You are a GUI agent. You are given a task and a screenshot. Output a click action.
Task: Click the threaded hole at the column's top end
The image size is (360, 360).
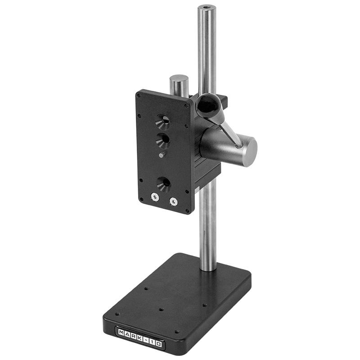[x=207, y=8]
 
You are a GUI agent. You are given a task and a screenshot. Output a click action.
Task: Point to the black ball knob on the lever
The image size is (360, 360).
[x=209, y=106]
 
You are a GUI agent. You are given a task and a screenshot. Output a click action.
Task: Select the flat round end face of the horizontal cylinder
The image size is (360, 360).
[x=249, y=152]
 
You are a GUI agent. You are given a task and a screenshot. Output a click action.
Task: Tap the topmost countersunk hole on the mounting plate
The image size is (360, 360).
[x=163, y=121]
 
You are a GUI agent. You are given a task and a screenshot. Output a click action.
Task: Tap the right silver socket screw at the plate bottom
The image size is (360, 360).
[x=174, y=202]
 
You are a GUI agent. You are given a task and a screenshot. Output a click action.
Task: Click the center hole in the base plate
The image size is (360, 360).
[x=161, y=310]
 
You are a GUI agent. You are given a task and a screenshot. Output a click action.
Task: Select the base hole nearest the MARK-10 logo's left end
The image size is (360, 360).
[x=117, y=314]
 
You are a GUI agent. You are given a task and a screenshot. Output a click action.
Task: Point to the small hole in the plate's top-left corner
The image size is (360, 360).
[x=139, y=95]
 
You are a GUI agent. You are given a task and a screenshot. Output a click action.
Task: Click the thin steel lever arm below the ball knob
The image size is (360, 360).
[x=228, y=134]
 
